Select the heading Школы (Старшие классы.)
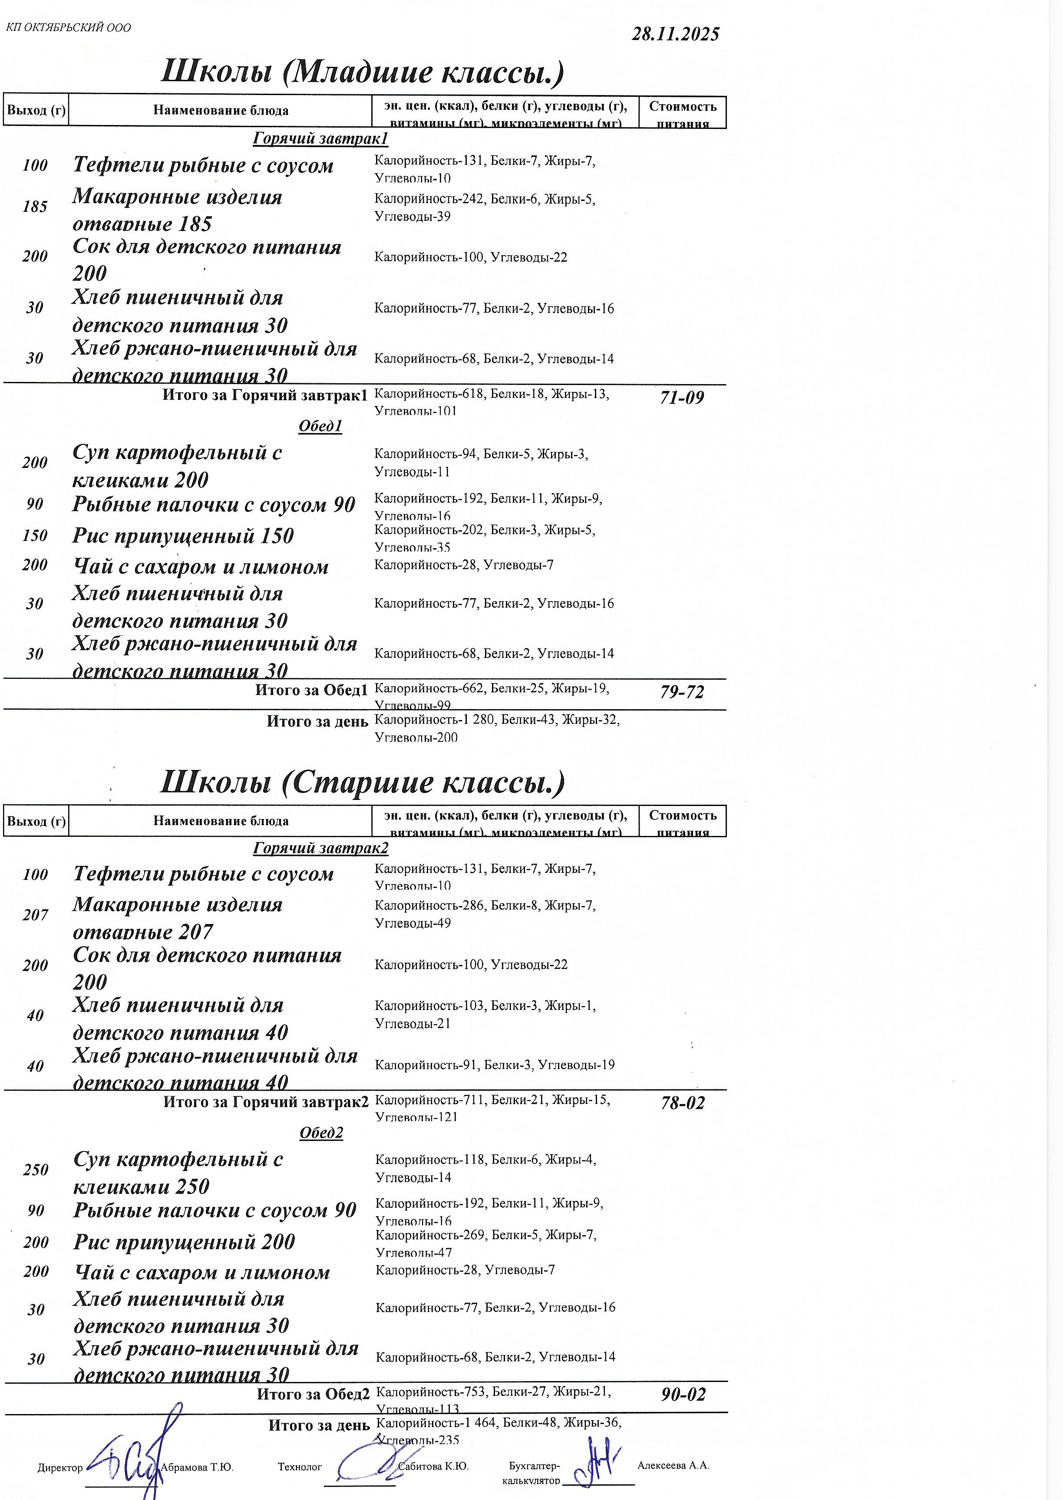pos(362,783)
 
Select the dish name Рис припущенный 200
pos(184,1242)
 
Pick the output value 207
pos(35,915)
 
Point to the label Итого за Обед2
pos(313,1394)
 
